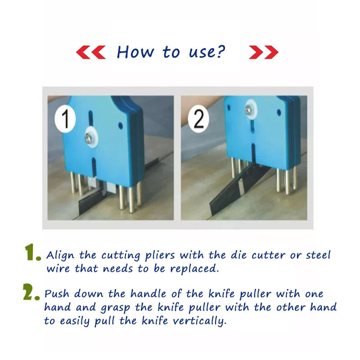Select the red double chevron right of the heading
[x=264, y=53]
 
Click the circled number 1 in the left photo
[x=66, y=119]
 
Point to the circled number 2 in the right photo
[x=198, y=119]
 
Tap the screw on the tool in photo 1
[x=90, y=137]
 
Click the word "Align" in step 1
[x=61, y=256]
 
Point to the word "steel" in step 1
[x=318, y=255]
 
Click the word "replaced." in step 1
[x=196, y=269]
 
